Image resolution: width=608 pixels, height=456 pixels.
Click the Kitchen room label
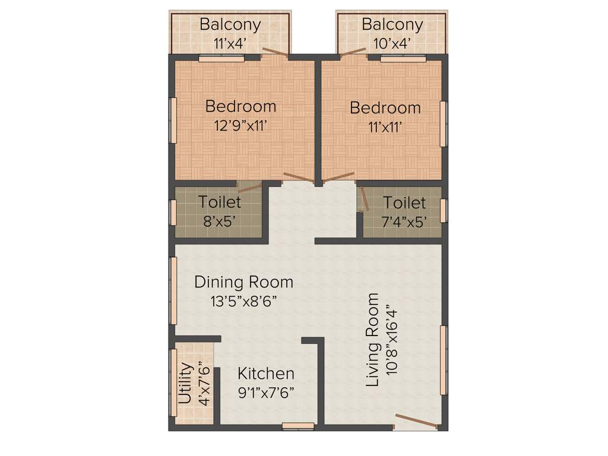[x=266, y=373]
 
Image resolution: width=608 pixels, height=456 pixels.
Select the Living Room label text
[x=373, y=340]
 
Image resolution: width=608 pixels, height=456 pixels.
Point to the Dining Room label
[x=243, y=281]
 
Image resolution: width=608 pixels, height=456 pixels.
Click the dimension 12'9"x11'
[x=240, y=125]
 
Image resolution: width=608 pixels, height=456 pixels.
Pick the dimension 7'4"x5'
[x=404, y=221]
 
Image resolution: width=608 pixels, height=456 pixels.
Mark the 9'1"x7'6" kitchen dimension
[x=266, y=392]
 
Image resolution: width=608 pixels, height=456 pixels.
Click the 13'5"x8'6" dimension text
[x=243, y=300]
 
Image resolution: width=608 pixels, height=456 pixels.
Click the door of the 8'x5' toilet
[x=249, y=188]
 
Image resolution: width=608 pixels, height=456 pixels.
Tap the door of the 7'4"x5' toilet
[x=365, y=199]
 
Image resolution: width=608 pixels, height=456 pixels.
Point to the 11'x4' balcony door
[x=275, y=52]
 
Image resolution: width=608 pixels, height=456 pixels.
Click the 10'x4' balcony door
[x=353, y=52]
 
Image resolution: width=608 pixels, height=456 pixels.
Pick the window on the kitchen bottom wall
[x=298, y=425]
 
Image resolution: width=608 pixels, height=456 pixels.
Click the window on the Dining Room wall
[x=173, y=290]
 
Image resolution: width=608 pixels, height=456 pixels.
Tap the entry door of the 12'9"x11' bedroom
[x=299, y=177]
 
